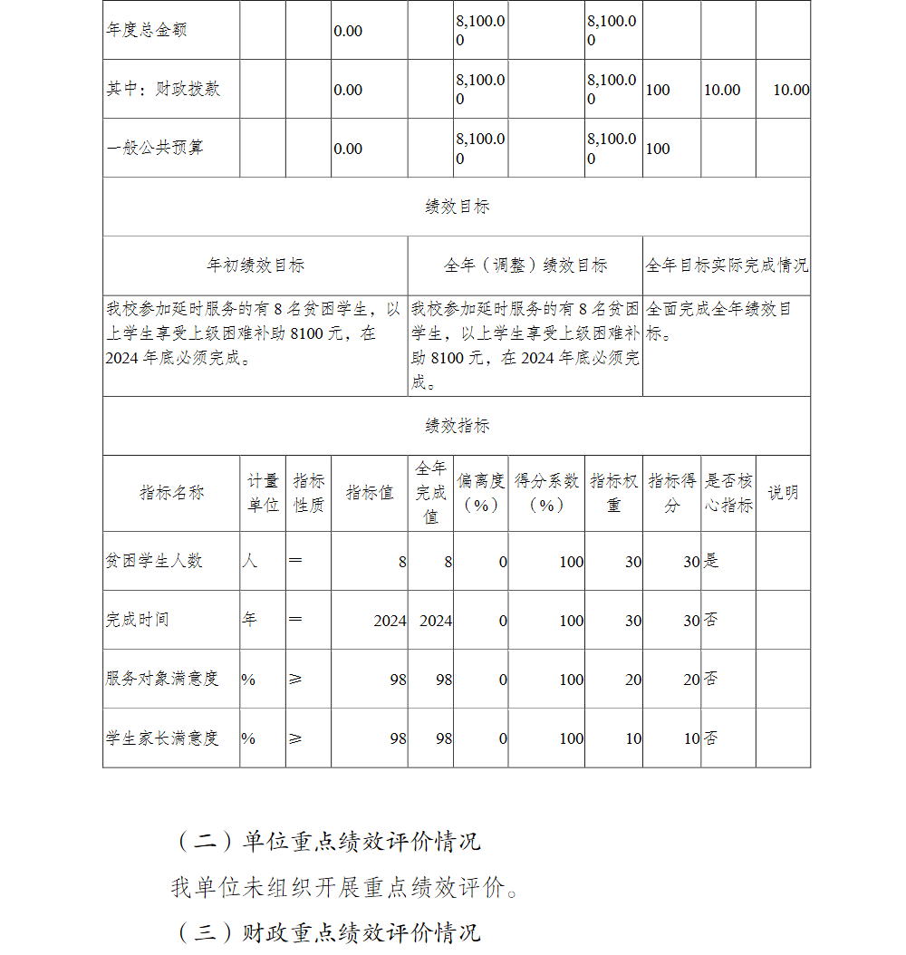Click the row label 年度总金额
[x=147, y=30]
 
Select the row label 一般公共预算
[x=155, y=148]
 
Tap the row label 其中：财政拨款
[x=163, y=89]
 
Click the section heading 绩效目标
[x=457, y=207]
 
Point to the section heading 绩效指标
[x=457, y=426]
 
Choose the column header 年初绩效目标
[x=255, y=265]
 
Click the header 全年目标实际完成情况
[x=727, y=265]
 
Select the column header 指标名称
[x=171, y=493]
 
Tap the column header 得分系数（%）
[x=546, y=493]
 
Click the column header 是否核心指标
[x=728, y=493]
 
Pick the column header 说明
[x=783, y=493]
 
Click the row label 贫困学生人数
[x=154, y=561]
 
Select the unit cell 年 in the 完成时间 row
[x=249, y=620]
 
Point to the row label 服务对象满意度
[x=162, y=679]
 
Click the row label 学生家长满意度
[x=162, y=738]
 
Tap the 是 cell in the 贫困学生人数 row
[x=712, y=561]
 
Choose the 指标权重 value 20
[x=633, y=680]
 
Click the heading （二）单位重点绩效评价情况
[x=327, y=841]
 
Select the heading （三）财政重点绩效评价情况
[x=327, y=932]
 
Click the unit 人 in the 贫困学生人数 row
[x=249, y=561]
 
